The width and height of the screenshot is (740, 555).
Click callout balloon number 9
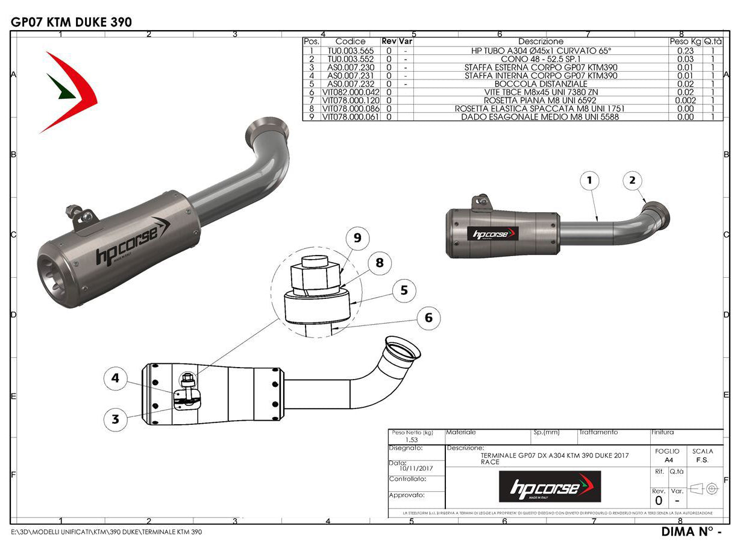357,238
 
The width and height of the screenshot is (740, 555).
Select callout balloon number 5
404,290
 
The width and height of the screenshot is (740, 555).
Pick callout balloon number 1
590,180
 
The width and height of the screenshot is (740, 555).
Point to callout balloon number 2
632,180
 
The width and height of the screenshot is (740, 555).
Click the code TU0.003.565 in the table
350,51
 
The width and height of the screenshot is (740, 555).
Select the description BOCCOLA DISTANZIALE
541,84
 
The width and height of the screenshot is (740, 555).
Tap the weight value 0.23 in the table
685,51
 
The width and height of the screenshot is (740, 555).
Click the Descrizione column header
541,42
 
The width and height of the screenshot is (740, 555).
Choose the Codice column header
350,42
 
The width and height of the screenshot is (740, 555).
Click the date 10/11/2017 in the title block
416,468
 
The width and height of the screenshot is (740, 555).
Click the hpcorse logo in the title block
550,486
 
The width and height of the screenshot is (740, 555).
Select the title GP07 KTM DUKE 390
71,22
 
